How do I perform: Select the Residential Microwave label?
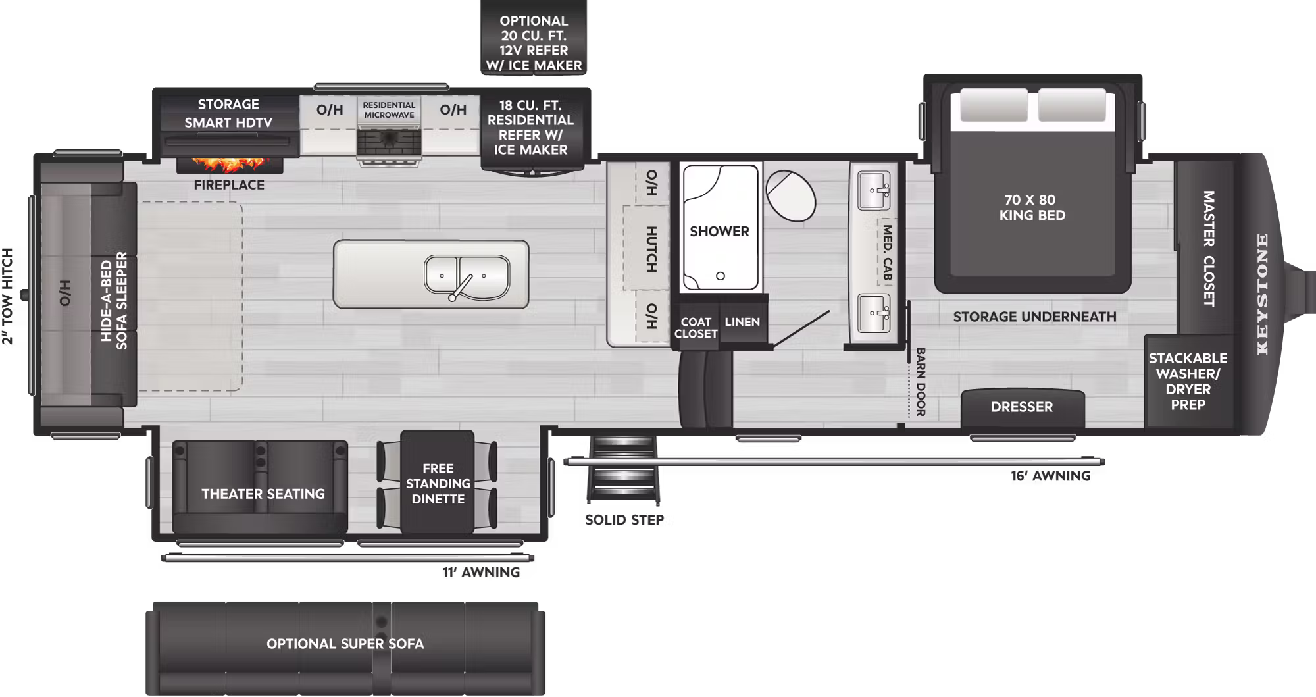[389, 110]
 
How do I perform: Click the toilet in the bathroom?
[790, 195]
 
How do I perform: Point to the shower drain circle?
[721, 276]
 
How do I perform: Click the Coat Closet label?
[696, 328]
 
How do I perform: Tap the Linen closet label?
[742, 322]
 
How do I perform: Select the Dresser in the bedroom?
[1022, 407]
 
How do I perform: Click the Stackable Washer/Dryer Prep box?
[1188, 382]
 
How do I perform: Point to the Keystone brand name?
[1262, 294]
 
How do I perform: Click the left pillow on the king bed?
[994, 105]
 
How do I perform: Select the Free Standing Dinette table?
[438, 483]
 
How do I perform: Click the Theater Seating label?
[263, 494]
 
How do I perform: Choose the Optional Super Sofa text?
[345, 644]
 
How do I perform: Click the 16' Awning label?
[1050, 476]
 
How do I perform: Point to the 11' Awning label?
[480, 573]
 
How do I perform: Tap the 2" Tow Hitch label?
[8, 296]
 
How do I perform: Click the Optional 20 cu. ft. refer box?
[534, 43]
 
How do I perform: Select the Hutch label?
[650, 249]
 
